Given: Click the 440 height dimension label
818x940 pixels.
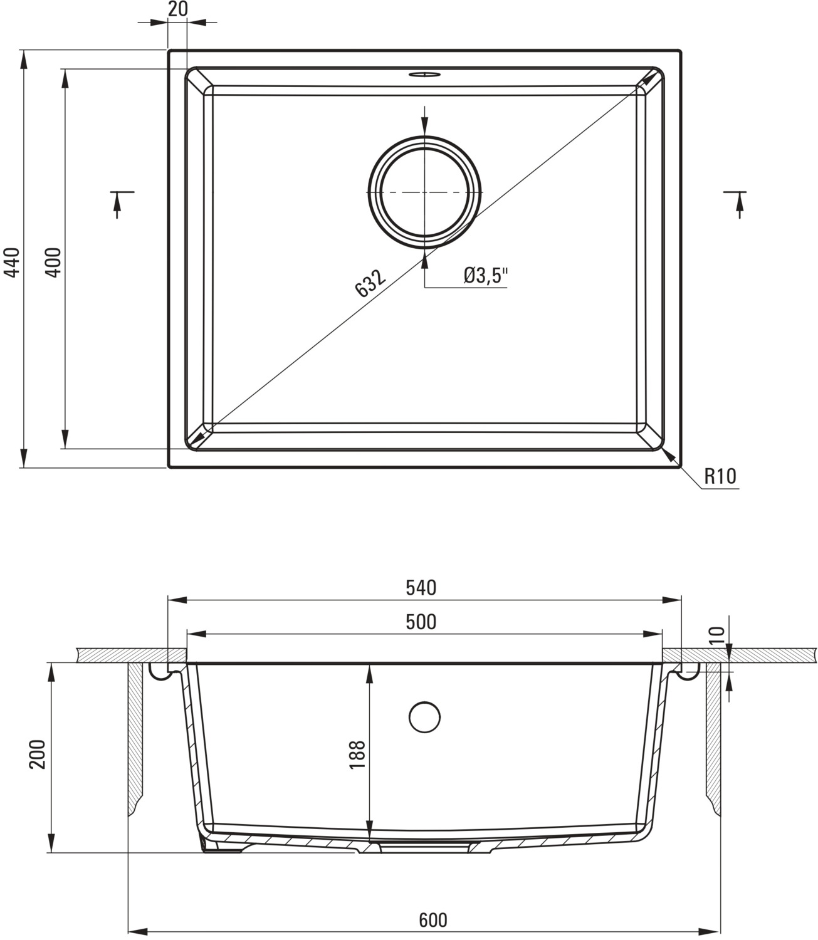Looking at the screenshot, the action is coord(12,263).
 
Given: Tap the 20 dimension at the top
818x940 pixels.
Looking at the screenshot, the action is coord(178,9).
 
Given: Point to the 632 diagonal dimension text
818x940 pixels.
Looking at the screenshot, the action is coord(370,283).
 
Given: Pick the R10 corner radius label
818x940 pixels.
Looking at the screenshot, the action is coord(720,476).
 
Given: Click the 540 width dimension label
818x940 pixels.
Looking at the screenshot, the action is coord(421,588).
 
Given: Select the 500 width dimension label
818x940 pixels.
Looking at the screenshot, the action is coord(421,622).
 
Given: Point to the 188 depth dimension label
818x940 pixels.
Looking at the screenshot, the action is coord(357,755).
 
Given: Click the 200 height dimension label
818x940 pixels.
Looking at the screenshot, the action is coord(37,755).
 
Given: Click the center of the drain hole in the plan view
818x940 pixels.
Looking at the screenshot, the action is coord(424,192).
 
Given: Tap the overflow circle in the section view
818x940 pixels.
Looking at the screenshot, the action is coord(424,717).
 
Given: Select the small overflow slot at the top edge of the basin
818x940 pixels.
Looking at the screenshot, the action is coord(424,75).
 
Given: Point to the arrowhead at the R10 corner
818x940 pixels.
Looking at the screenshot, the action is coord(669,456).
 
